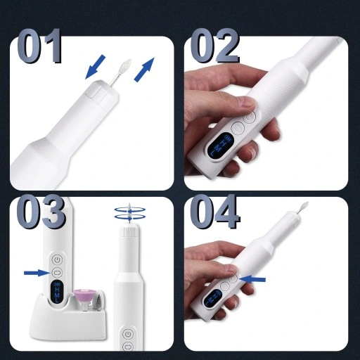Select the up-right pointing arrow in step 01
[x=143, y=70]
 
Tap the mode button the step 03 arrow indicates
[x=57, y=271]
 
